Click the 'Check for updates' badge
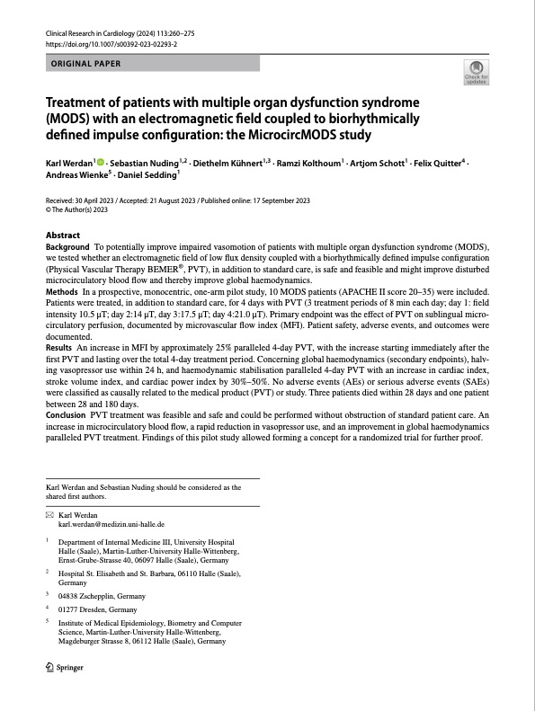coord(475,72)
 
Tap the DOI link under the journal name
coord(111,43)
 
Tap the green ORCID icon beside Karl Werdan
coord(101,163)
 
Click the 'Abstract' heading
coord(63,235)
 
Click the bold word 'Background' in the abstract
coord(67,246)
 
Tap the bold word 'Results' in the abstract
coord(58,347)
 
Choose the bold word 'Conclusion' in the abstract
coord(66,413)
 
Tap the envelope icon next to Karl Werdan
coord(49,514)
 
